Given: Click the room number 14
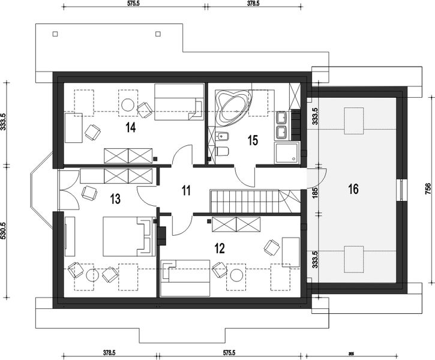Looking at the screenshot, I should [130, 127].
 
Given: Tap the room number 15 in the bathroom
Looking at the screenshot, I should [253, 140].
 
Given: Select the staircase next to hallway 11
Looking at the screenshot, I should [246, 200].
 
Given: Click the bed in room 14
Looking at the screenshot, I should [177, 101].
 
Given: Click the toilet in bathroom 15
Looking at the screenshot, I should [222, 150].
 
